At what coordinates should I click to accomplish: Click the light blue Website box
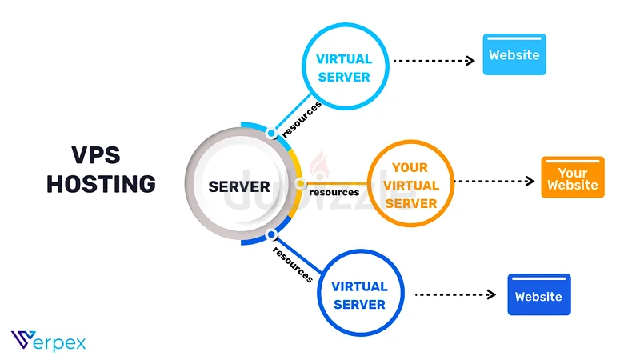click(x=514, y=54)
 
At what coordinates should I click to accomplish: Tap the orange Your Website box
click(x=573, y=177)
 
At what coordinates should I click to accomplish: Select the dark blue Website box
click(x=539, y=294)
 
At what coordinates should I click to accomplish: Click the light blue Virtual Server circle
click(x=302, y=66)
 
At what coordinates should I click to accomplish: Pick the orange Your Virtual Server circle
click(x=369, y=183)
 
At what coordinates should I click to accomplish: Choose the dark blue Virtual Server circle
click(x=318, y=293)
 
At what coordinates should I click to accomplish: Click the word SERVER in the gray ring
click(x=239, y=186)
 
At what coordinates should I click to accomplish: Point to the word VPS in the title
click(x=96, y=155)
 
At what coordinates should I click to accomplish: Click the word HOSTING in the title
click(x=102, y=184)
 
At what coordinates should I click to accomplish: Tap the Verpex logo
click(x=48, y=341)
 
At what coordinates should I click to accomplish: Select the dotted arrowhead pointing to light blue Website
click(x=470, y=61)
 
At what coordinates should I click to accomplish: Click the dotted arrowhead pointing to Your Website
click(x=530, y=182)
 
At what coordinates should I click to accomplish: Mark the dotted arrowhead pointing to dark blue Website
click(x=491, y=294)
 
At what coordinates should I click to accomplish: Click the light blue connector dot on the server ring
click(x=271, y=133)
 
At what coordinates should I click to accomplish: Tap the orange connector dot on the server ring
click(x=301, y=184)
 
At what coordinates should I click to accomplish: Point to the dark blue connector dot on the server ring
click(x=271, y=234)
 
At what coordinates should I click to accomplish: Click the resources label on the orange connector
click(x=334, y=192)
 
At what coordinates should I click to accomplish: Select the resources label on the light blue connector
click(x=302, y=119)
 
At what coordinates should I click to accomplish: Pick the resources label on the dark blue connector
click(x=293, y=265)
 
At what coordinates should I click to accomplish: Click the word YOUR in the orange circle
click(x=410, y=167)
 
